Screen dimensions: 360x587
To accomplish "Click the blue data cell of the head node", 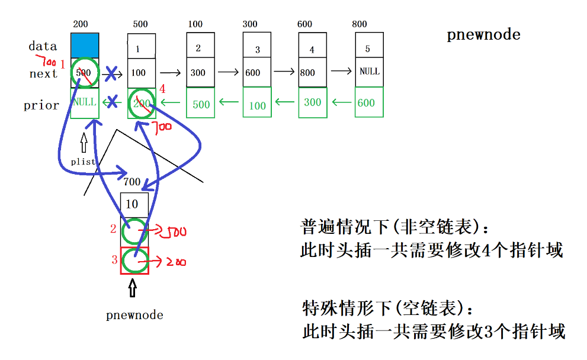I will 85,45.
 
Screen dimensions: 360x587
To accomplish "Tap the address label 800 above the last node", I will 359,24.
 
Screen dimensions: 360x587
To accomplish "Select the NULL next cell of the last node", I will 369,72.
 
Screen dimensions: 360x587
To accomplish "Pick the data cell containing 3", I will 257,49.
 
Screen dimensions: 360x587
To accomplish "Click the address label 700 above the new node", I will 132,182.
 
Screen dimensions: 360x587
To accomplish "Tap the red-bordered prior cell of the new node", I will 134,260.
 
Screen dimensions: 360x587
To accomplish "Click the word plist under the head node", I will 83,161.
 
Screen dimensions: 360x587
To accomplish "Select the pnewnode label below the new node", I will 134,315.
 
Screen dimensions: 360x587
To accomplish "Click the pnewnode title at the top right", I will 483,34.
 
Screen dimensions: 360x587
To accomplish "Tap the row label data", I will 43,46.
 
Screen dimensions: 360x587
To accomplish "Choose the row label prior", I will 41,105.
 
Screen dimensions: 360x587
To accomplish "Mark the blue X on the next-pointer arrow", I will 111,75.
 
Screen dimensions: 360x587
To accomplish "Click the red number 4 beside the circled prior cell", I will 163,89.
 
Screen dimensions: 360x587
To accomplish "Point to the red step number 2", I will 113,229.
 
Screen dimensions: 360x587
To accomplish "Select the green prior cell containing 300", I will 312,102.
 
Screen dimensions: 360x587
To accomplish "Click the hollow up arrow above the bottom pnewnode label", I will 132,288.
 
